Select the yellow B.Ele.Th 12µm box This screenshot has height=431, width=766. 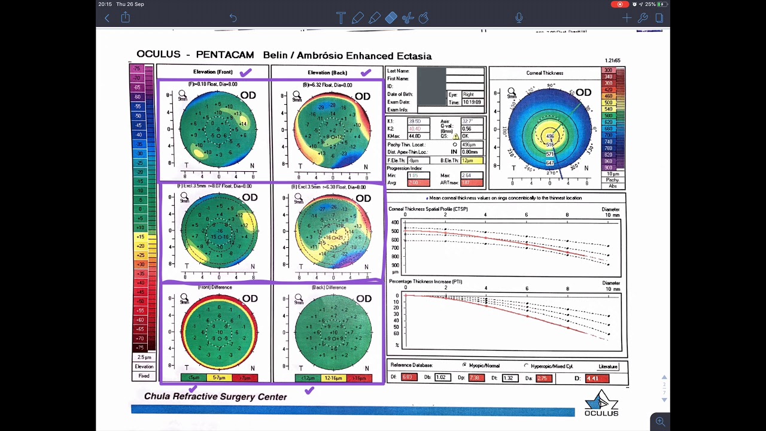click(470, 160)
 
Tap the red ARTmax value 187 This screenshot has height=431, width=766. click(470, 183)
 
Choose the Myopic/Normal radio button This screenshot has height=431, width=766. click(464, 365)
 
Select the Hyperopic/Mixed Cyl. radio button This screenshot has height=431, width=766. click(527, 366)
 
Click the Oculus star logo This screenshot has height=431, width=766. click(601, 400)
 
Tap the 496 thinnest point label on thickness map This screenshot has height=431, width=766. click(550, 136)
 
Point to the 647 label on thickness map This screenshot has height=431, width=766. click(550, 163)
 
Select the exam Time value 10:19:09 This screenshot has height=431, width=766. click(472, 102)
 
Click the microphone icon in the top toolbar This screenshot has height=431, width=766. click(519, 18)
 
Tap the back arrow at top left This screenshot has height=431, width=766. click(107, 18)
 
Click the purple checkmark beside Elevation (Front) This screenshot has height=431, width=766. click(245, 72)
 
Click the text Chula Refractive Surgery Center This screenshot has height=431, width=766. click(215, 396)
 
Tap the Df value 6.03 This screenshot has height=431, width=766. click(409, 377)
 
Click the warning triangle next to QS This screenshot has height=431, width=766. click(456, 136)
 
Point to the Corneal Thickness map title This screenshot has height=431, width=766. click(545, 73)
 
